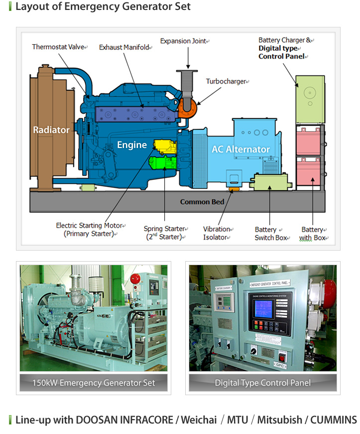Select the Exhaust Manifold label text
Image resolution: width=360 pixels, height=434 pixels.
pyautogui.click(x=125, y=47)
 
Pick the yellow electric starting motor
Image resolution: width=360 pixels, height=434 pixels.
pyautogui.click(x=164, y=146)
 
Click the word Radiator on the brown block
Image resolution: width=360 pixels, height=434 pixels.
pyautogui.click(x=51, y=130)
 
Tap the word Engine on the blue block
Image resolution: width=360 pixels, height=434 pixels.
pyautogui.click(x=132, y=145)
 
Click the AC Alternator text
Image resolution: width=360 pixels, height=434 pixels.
pyautogui.click(x=240, y=149)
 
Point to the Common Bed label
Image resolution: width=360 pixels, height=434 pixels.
pyautogui.click(x=202, y=202)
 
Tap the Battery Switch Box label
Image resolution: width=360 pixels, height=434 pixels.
pyautogui.click(x=270, y=233)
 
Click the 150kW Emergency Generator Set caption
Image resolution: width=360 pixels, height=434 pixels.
pyautogui.click(x=93, y=383)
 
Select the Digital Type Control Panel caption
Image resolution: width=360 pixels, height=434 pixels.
pyautogui.click(x=262, y=383)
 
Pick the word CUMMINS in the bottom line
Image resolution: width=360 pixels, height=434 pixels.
pyautogui.click(x=334, y=420)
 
